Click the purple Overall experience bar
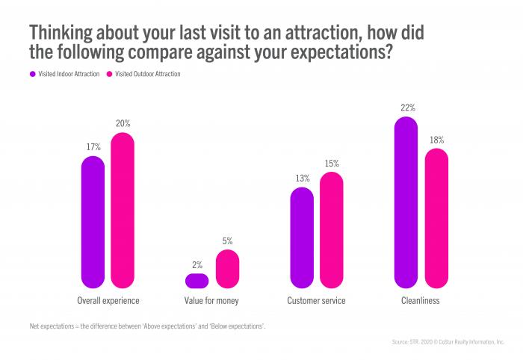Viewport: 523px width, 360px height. click(93, 222)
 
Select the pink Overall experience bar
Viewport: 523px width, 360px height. click(123, 211)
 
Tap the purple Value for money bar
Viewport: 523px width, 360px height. click(196, 281)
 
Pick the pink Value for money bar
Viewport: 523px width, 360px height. click(227, 269)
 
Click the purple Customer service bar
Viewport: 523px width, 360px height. click(301, 238)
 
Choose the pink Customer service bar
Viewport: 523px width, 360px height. click(331, 230)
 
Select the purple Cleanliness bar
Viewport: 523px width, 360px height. click(406, 202)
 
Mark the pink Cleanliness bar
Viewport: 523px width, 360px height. click(436, 218)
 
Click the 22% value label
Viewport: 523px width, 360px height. click(407, 108)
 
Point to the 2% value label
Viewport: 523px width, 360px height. click(197, 264)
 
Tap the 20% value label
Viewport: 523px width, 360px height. click(123, 123)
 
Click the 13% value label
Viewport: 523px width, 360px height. click(302, 178)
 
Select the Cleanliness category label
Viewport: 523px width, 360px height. click(421, 301)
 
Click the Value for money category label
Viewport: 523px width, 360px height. click(212, 301)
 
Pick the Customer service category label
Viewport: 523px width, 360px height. click(316, 301)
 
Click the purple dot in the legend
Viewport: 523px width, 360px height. click(32, 74)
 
